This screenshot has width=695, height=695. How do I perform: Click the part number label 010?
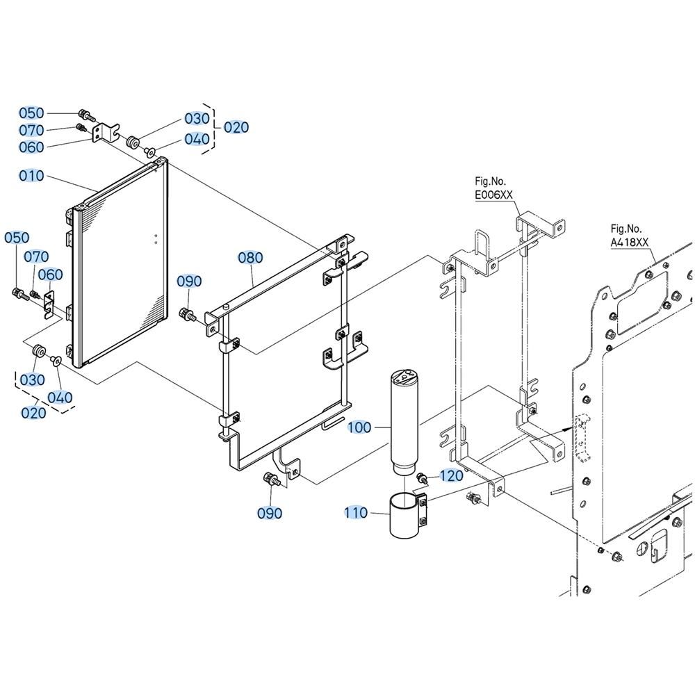(31, 176)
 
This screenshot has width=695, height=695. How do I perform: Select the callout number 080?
(250, 258)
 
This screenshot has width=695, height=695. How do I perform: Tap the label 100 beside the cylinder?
(359, 427)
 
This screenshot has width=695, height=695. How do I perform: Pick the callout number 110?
(357, 513)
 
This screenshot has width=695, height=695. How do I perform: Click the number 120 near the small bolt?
(451, 475)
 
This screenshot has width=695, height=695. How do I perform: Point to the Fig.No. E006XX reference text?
(493, 188)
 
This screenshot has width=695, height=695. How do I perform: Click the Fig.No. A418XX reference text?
(629, 236)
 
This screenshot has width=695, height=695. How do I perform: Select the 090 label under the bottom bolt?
(270, 513)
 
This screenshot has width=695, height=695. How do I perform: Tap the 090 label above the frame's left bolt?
(189, 281)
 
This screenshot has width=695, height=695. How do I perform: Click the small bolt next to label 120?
(422, 479)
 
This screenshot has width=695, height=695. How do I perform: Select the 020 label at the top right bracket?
(236, 127)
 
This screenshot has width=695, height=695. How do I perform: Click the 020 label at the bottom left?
(33, 413)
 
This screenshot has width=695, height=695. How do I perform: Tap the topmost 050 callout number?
(31, 113)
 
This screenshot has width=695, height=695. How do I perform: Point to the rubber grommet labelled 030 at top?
(133, 142)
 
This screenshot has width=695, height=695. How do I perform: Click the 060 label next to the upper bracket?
(31, 147)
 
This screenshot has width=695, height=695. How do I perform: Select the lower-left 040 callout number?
(60, 397)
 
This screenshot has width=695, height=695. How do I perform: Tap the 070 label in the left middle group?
(36, 256)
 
